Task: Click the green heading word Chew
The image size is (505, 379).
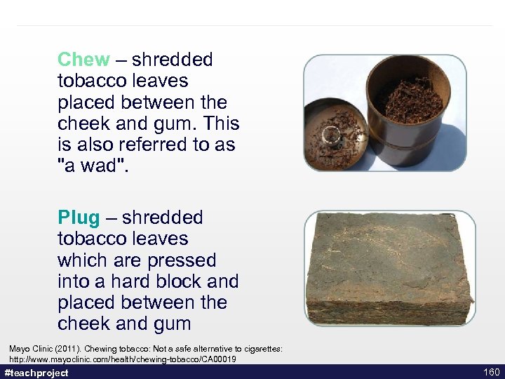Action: (83, 60)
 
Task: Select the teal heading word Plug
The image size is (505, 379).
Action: (79, 218)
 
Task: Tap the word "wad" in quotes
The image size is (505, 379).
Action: (94, 166)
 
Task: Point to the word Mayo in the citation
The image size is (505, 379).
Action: (18, 349)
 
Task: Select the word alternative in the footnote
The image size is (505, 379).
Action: (209, 349)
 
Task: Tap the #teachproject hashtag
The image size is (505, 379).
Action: (36, 373)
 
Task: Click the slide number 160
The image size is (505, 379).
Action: (491, 372)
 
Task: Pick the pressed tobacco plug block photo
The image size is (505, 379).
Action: (389, 267)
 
